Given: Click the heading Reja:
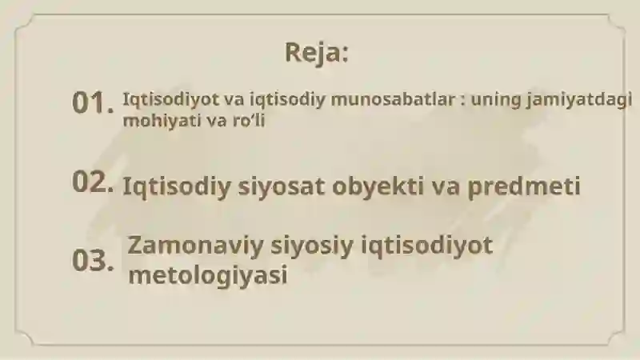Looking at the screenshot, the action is (317, 53).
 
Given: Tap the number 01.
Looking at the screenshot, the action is (93, 102).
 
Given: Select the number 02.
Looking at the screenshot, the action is (93, 182).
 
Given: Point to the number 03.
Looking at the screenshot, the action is (93, 261).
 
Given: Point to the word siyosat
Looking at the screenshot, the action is (282, 187).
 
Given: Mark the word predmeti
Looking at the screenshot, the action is (524, 187).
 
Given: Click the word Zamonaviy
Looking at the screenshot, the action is (195, 246).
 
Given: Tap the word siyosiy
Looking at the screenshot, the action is (312, 246).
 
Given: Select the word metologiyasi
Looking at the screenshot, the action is (208, 274).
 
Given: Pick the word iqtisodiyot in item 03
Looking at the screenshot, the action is (427, 246).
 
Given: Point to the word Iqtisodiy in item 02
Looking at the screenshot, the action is (177, 187).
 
